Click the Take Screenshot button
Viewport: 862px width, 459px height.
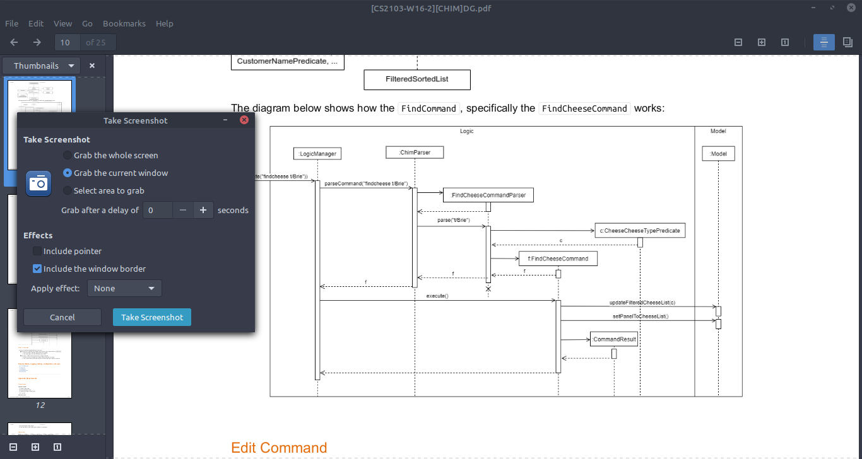(151, 317)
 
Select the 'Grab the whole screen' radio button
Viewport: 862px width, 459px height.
(68, 155)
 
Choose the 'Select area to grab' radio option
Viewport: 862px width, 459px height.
(68, 190)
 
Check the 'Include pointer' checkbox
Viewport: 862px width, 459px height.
(38, 251)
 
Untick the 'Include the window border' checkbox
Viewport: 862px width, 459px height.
(38, 269)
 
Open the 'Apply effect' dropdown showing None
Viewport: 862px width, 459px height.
(124, 288)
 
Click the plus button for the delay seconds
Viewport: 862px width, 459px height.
(203, 210)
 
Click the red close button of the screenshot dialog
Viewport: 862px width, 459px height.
(244, 120)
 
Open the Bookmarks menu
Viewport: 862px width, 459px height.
(124, 23)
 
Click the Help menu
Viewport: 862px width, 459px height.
(164, 23)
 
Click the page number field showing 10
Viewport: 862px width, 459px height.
(66, 42)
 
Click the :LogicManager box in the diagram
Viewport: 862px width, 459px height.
(317, 153)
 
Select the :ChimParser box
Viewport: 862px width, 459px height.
(415, 152)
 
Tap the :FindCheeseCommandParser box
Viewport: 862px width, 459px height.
(488, 195)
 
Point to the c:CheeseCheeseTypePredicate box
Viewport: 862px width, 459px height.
(639, 231)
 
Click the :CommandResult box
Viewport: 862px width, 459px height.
(613, 339)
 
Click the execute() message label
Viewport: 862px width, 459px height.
(437, 296)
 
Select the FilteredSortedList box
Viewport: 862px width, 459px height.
(417, 79)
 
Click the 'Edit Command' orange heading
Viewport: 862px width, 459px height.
(279, 448)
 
